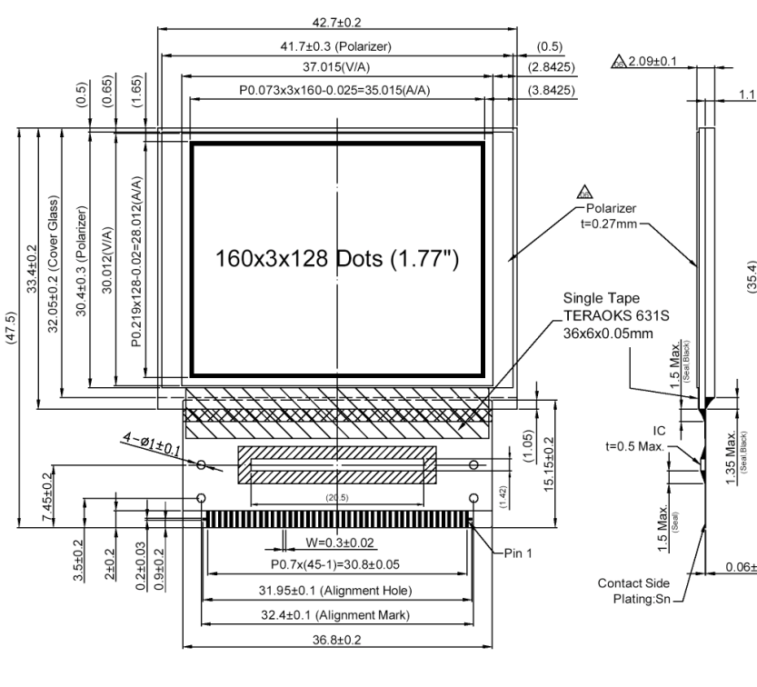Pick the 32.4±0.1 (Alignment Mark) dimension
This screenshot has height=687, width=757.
pos(338,615)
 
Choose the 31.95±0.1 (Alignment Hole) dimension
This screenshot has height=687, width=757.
pos(338,591)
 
